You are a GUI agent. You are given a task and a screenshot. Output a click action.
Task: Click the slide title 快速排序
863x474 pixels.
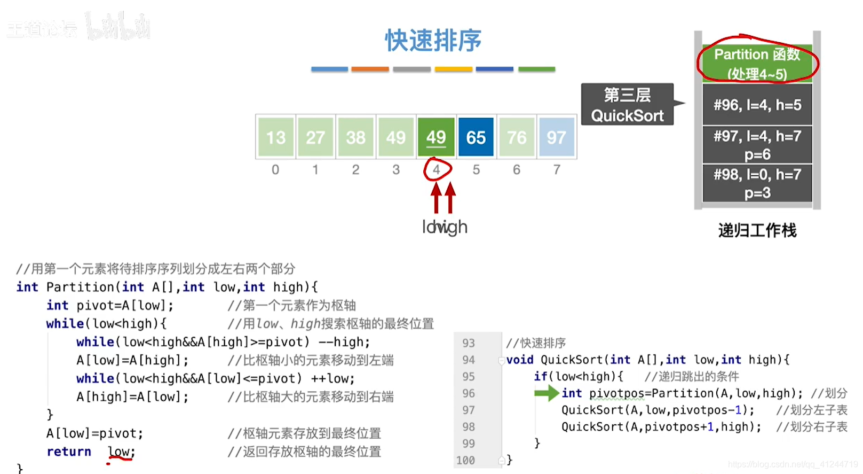coord(433,41)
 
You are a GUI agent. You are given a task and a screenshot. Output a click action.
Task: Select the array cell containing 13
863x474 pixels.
coord(275,137)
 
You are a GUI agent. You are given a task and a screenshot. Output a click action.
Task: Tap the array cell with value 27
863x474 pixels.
coord(315,137)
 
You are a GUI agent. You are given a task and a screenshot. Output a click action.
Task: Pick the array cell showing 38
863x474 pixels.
coord(355,137)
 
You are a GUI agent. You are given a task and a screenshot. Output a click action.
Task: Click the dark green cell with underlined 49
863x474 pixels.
coord(436,137)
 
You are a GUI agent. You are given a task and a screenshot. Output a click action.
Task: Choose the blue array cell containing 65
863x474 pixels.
coord(476,137)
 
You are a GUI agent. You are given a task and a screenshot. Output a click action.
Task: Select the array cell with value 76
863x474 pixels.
coord(516,137)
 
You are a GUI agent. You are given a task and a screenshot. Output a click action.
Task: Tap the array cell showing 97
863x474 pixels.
coord(556,137)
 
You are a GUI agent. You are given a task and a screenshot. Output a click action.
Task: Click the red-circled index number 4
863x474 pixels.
coord(437,170)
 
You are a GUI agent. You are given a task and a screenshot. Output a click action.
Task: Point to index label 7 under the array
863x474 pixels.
coord(557,170)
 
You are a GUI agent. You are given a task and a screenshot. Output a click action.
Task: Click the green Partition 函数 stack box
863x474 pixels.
coord(757,63)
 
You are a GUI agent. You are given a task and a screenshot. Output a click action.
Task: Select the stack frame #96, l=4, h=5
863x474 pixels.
coord(757,105)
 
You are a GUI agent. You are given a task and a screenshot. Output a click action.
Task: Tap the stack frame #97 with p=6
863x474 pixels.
coord(757,145)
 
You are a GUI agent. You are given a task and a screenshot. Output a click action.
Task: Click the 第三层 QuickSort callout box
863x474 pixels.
coord(627,105)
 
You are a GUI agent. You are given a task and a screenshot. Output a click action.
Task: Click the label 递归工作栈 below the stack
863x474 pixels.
coord(757,230)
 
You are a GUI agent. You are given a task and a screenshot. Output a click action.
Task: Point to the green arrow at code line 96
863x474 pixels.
coord(546,393)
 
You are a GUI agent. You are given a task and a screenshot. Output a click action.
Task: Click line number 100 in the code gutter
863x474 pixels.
coord(465,460)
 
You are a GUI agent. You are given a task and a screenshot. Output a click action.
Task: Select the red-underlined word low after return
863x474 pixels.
coord(120,452)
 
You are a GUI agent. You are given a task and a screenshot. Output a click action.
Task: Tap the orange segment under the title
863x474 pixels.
coord(370,69)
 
